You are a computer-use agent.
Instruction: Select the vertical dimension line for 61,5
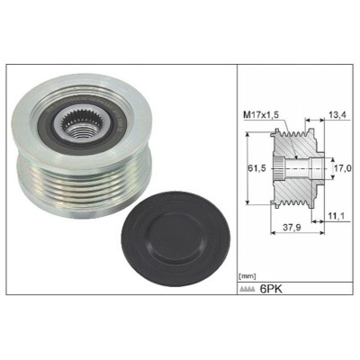249,167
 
